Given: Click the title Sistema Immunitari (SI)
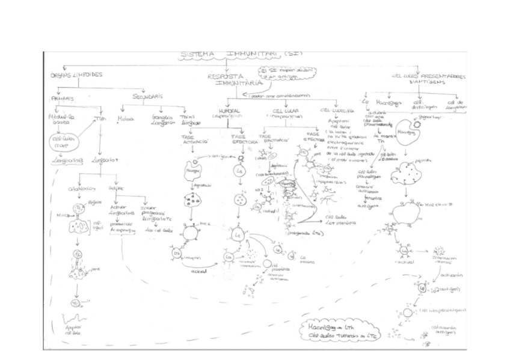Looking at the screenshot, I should click(241, 55).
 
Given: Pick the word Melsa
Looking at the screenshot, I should click(126, 119).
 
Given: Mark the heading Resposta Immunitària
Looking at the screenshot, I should click(225, 81).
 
